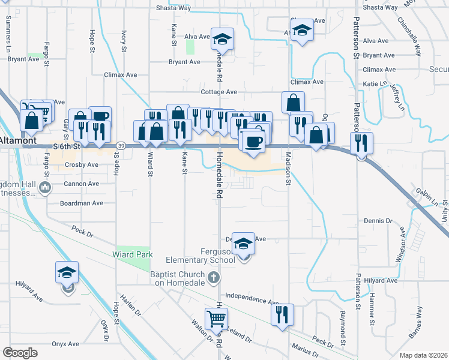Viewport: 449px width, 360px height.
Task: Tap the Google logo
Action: click(x=20, y=353)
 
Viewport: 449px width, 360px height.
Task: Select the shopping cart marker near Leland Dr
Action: click(x=215, y=319)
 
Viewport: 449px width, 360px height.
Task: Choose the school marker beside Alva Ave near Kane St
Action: click(x=222, y=40)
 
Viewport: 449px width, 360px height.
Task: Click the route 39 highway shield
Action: click(x=121, y=146)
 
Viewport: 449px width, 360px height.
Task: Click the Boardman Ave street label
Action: click(x=82, y=203)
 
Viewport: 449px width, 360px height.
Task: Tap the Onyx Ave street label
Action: click(x=65, y=344)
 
